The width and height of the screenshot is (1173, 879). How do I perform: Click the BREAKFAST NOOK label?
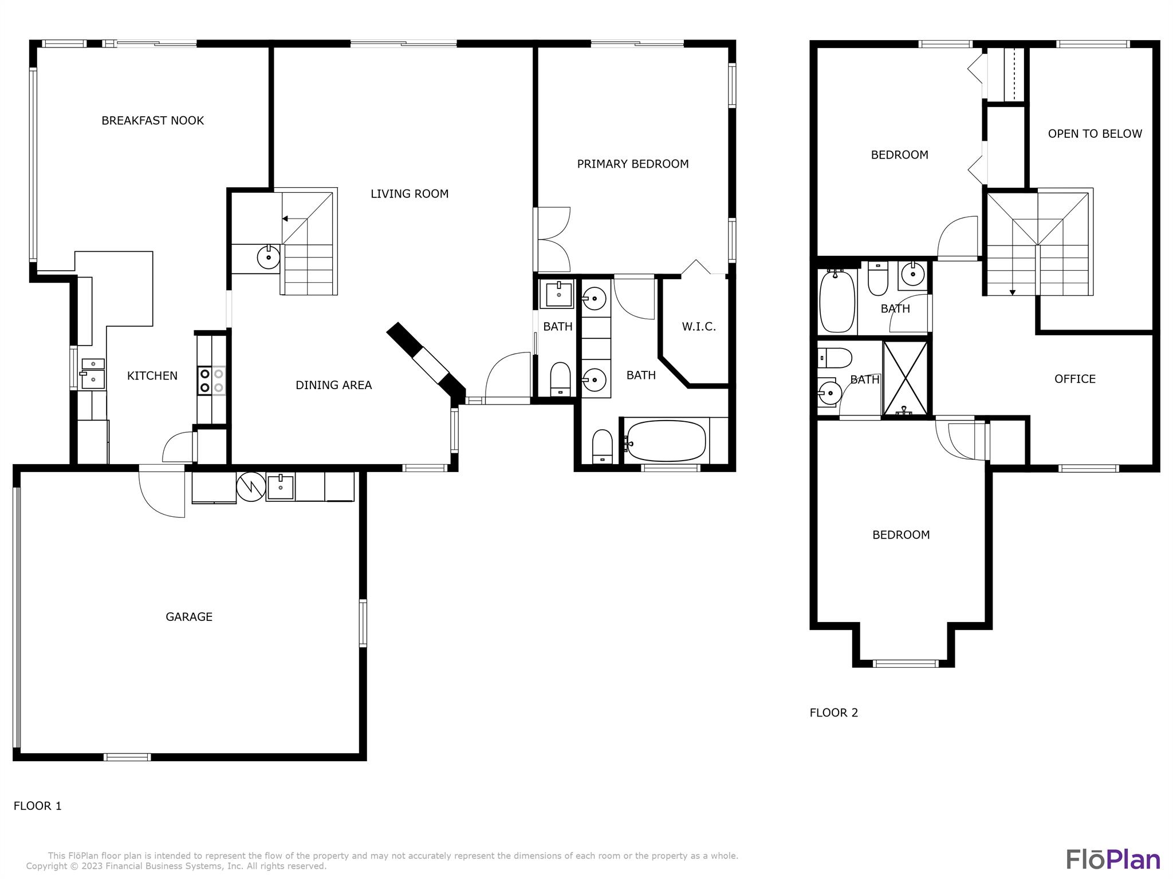[x=152, y=121]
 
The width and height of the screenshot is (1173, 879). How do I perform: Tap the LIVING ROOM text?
[x=410, y=194]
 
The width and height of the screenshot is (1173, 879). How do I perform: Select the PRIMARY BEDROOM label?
[x=633, y=164]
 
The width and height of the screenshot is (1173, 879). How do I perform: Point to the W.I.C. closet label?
[x=699, y=327]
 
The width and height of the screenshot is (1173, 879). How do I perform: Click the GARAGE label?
[x=189, y=617]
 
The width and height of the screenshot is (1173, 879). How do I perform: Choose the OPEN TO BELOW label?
[x=1095, y=134]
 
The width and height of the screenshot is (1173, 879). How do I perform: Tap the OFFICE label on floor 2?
[x=1075, y=379]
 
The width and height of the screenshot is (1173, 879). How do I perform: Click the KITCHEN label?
[x=152, y=376]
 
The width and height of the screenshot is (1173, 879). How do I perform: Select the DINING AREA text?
[x=334, y=385]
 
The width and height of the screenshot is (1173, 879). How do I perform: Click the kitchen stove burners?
[x=211, y=381]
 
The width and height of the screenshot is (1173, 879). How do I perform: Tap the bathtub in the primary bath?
[x=667, y=441]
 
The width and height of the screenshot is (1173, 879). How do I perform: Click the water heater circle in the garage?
[x=251, y=486]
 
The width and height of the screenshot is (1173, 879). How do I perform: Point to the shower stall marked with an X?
[x=905, y=378]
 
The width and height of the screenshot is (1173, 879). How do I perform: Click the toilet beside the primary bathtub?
[x=602, y=446]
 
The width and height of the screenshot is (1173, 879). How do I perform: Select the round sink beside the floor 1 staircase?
[x=269, y=258]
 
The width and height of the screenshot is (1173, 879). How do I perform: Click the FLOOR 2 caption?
[x=834, y=713]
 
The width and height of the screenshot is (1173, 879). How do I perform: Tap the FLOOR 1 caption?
[x=38, y=806]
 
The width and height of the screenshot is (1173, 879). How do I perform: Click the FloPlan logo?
[x=1113, y=860]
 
